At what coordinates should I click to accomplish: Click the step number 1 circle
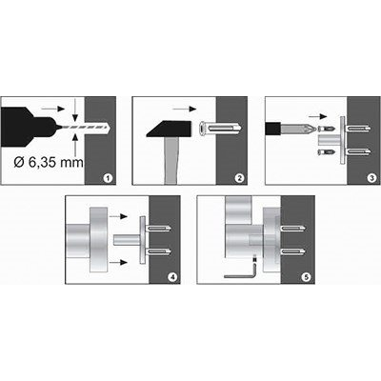108,178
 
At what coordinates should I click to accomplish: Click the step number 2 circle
239,178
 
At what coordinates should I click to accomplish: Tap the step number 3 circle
372,178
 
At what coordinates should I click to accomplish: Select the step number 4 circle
172,277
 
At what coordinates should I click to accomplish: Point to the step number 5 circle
307,277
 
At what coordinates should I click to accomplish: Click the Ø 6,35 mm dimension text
49,163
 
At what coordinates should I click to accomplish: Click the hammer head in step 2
169,129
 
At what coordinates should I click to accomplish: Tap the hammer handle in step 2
170,160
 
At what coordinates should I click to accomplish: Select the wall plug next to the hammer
221,129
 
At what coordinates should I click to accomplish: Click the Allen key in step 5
241,275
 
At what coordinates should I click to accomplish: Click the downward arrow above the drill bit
75,110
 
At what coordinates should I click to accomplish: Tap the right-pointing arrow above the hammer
185,110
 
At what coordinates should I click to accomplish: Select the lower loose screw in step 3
326,152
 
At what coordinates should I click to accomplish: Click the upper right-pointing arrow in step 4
118,216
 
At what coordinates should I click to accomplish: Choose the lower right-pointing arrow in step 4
118,262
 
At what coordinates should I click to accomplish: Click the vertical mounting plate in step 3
343,140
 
